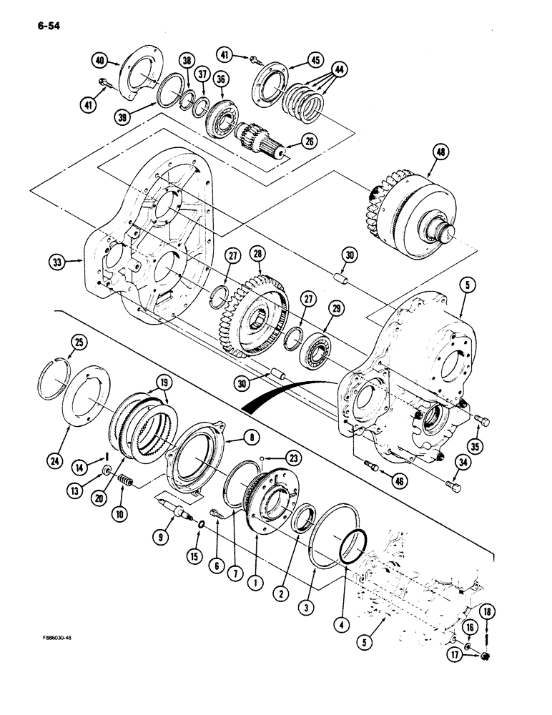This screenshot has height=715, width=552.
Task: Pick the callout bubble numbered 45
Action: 296,60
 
